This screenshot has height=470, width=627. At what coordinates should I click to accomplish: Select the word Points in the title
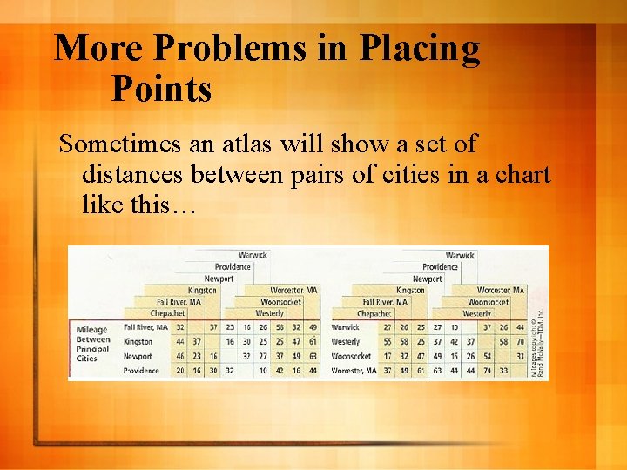click(x=161, y=89)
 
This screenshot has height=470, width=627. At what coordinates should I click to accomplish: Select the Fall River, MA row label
click(x=145, y=327)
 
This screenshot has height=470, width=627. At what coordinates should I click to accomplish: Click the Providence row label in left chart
click(x=141, y=370)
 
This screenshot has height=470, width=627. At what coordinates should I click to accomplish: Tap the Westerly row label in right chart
click(x=346, y=341)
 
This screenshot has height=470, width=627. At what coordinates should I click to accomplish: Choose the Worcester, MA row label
click(x=354, y=370)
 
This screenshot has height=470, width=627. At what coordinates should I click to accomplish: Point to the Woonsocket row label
click(x=351, y=356)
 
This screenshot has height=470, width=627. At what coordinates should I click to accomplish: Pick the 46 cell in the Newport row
click(x=180, y=356)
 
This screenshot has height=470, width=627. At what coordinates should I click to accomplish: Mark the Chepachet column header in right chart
click(x=374, y=313)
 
